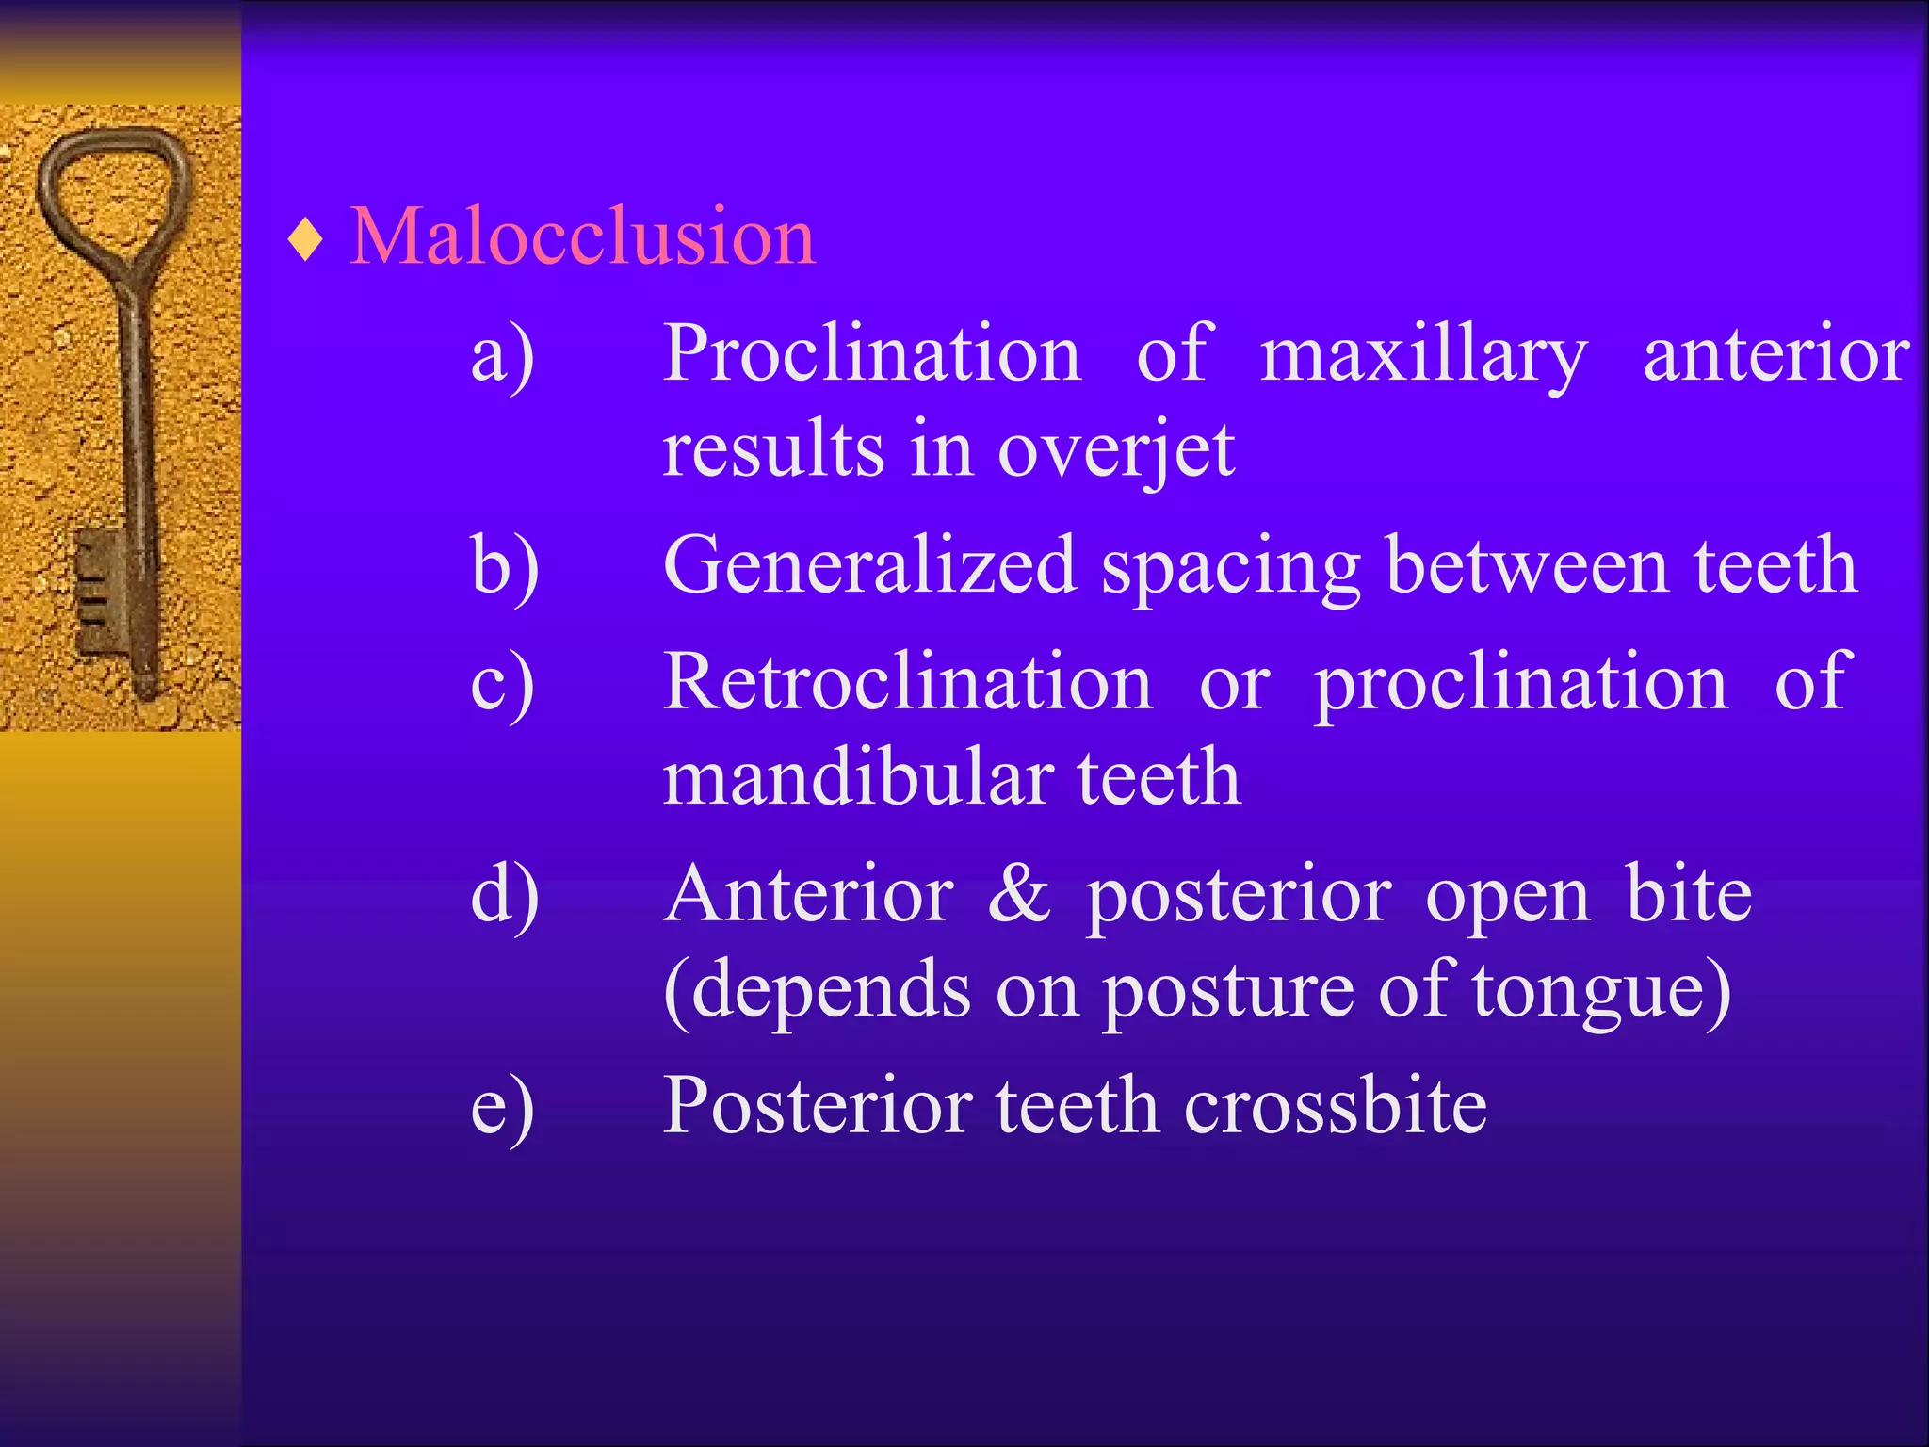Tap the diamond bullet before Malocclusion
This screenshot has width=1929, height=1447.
pos(306,240)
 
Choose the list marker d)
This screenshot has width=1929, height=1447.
pos(505,896)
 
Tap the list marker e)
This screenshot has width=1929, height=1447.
pos(503,1108)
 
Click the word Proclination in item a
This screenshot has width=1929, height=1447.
pos(871,353)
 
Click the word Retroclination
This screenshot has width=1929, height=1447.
pos(907,682)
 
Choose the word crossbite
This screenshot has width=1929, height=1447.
pos(1335,1106)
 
